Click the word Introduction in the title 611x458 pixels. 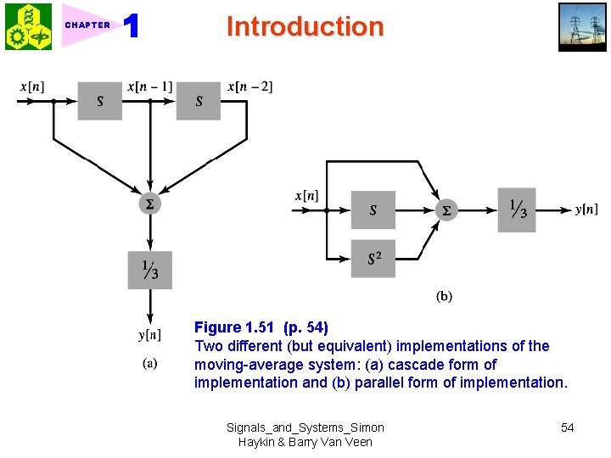pos(305,26)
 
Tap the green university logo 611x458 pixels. pos(28,26)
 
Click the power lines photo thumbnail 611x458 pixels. pos(582,26)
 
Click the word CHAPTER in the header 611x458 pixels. pos(87,25)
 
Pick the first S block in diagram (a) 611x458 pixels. pos(100,101)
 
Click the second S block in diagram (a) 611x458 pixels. pos(199,101)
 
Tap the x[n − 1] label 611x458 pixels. pos(149,87)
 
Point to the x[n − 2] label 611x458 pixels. pos(249,87)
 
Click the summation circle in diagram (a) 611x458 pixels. pos(149,204)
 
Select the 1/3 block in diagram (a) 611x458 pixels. pos(149,270)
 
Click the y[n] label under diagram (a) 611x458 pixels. pos(149,334)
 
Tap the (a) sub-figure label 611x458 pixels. pos(149,365)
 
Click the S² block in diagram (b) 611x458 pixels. pos(373,259)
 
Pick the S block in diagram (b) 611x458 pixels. pos(373,209)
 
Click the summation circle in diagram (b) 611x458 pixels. pos(446,209)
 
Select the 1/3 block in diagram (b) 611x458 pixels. pos(517,209)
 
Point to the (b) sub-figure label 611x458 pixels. pos(444,296)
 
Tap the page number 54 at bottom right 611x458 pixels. pos(567,427)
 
